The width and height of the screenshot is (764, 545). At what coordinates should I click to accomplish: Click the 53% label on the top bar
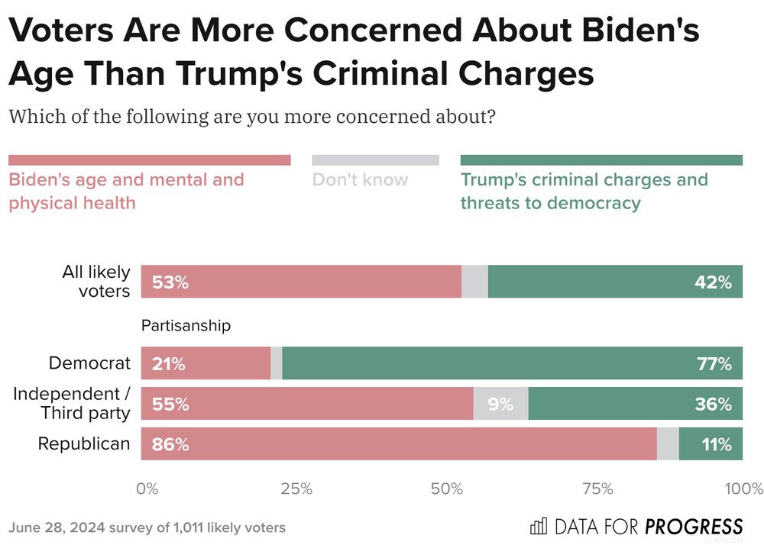click(x=170, y=282)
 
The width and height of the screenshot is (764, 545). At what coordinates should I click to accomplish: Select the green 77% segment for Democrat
click(x=512, y=363)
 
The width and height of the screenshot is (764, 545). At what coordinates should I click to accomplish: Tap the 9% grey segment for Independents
click(x=500, y=404)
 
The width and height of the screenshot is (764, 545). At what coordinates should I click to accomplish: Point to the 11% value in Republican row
click(x=717, y=444)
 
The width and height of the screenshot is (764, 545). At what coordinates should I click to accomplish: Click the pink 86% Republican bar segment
click(x=397, y=444)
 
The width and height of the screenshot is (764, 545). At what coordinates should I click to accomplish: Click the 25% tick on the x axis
click(x=296, y=489)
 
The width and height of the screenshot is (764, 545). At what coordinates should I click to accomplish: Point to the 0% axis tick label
click(x=147, y=489)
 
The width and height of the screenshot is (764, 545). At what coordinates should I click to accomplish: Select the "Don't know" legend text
click(x=360, y=180)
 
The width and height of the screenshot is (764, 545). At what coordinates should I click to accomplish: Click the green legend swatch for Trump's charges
click(x=601, y=160)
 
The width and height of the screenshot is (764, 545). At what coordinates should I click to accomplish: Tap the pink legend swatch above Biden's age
click(x=149, y=160)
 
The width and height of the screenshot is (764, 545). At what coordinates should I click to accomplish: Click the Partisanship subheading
click(x=186, y=326)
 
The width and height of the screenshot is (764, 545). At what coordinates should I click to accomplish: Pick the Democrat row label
click(x=89, y=363)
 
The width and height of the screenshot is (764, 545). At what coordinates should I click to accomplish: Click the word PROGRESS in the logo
click(x=694, y=527)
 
